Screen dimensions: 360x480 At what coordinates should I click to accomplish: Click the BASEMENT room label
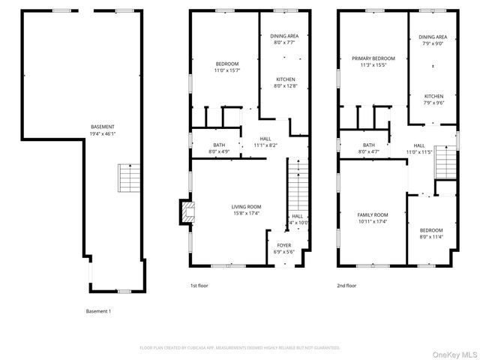coord(103,127)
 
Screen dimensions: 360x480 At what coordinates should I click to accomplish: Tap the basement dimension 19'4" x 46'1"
coord(103,133)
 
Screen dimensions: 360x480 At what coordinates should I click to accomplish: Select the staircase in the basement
coord(127,178)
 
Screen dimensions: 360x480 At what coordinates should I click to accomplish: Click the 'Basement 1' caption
coord(98,310)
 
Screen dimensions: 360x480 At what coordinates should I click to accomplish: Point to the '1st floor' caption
coord(198,285)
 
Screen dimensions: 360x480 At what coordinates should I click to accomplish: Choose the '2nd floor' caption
coord(346,285)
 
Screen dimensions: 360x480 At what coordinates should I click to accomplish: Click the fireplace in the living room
coord(184,212)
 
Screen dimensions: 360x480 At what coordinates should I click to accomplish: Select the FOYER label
coord(283,245)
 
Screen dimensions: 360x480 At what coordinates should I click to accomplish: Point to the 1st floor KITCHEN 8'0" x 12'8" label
coord(285,79)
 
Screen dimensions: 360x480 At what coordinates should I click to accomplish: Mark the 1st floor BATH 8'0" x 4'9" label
coord(219,145)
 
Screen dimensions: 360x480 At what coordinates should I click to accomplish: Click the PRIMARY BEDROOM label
coord(373,58)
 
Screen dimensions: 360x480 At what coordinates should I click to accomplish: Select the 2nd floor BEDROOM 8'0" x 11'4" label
coord(430,230)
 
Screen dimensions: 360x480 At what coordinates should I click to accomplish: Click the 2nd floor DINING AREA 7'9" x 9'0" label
coord(433,37)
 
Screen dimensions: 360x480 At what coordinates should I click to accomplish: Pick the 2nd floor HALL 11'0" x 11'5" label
coord(418,145)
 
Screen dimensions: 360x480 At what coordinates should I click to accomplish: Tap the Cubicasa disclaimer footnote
coord(240,348)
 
